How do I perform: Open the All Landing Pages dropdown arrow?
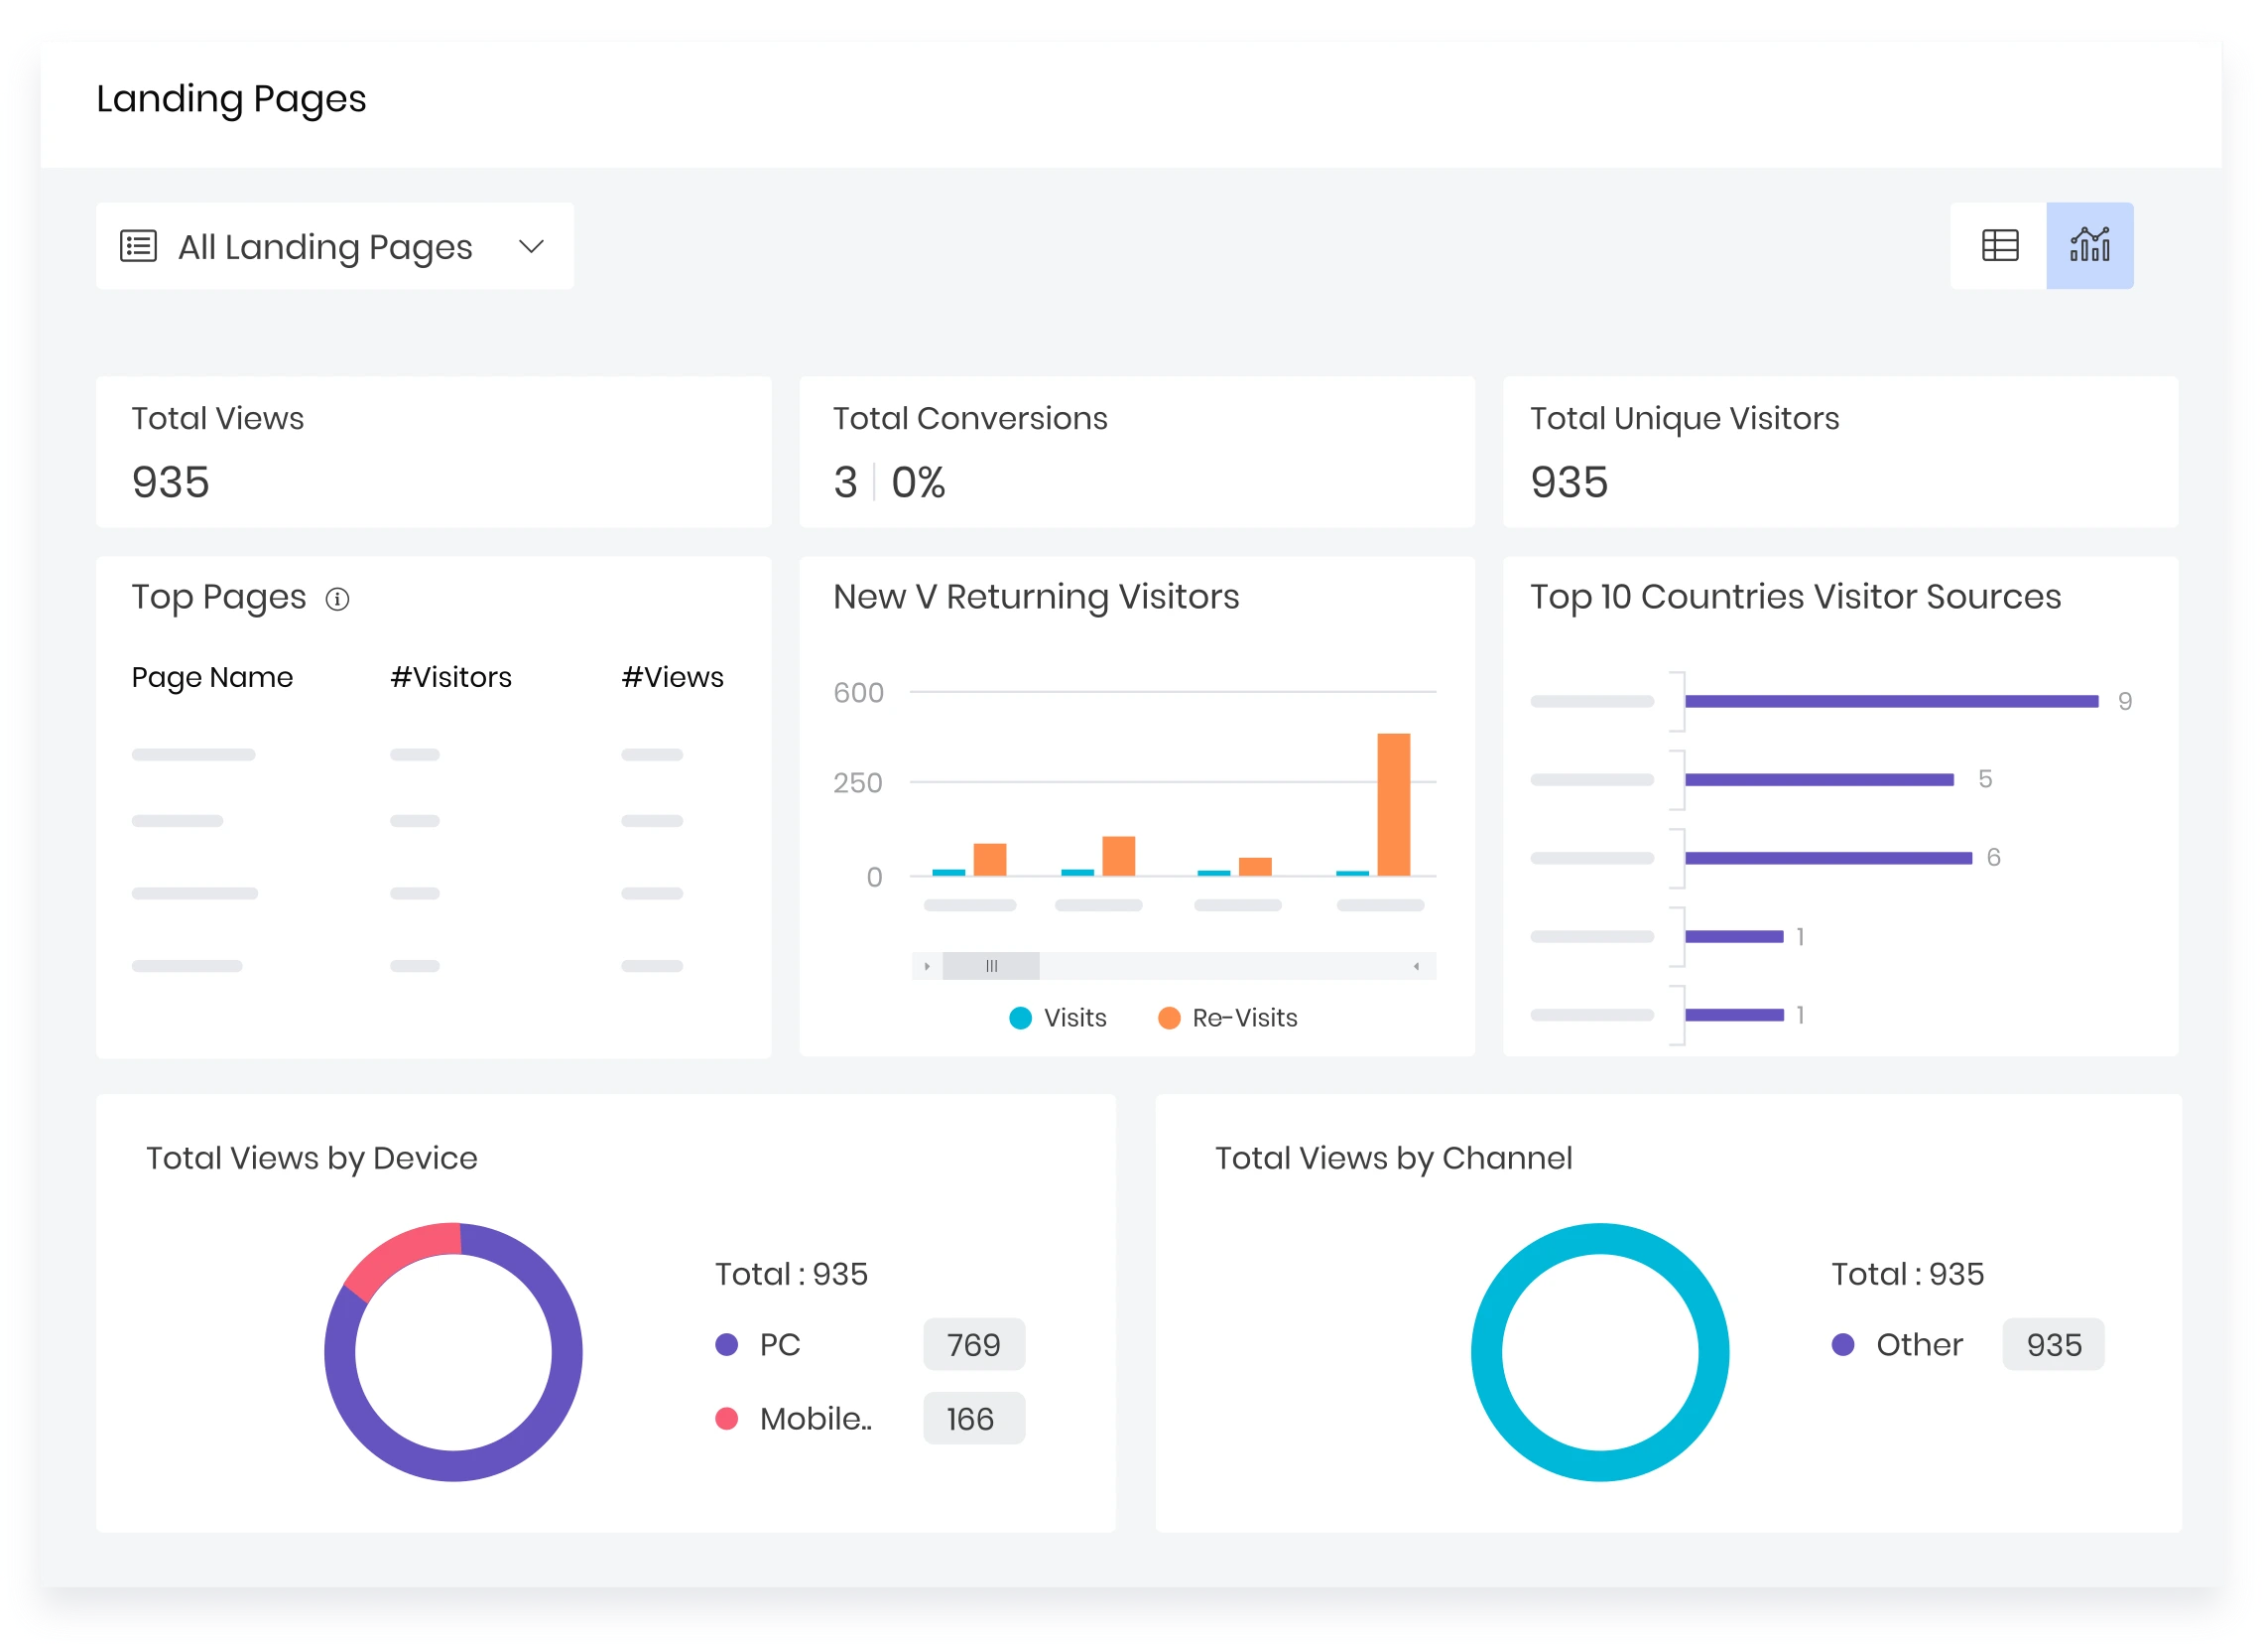[531, 246]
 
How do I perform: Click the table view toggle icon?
[1998, 245]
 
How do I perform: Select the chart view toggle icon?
[2088, 245]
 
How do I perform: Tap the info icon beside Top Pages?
[337, 599]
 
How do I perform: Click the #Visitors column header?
[450, 677]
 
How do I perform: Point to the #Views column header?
[672, 677]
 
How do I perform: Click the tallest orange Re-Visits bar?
[1393, 804]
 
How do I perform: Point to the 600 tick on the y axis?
[858, 693]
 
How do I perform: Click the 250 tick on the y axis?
[858, 782]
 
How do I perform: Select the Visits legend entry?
[1058, 1018]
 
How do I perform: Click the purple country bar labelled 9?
[1890, 701]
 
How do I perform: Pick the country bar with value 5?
[1818, 779]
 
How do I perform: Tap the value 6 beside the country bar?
[1992, 858]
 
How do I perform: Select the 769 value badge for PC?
[973, 1344]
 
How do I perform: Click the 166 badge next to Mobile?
[973, 1419]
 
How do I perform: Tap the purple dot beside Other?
[1842, 1344]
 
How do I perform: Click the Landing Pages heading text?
[230, 99]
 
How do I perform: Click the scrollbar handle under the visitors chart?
[991, 965]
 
